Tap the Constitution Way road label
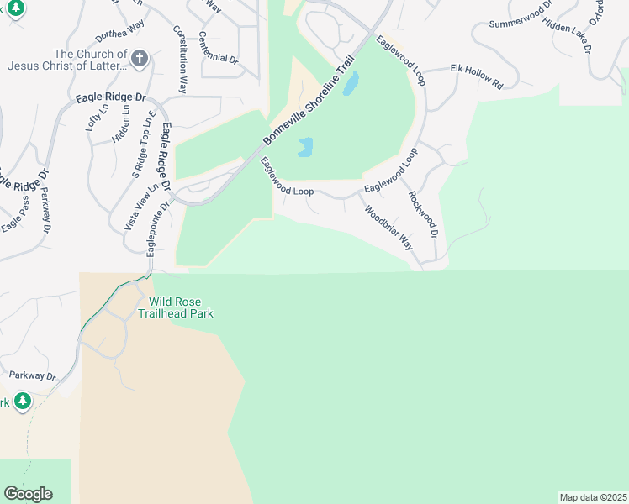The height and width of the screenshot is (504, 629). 180,58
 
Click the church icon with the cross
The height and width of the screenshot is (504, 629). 140,58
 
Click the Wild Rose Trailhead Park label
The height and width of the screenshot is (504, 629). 181,307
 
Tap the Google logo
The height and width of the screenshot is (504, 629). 28,494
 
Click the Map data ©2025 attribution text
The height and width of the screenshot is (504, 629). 593,496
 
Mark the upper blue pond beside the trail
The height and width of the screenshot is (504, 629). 351,82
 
